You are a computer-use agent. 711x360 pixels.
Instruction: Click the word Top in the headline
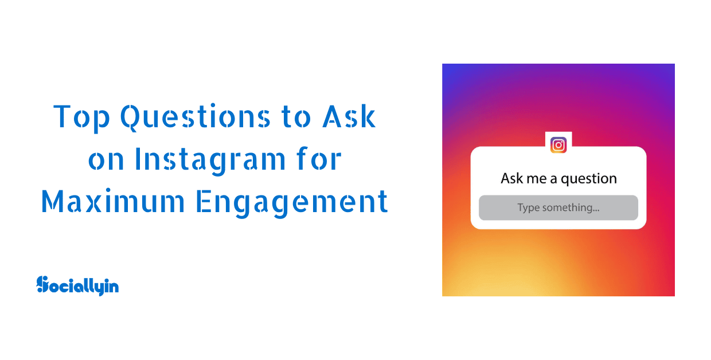pos(81,118)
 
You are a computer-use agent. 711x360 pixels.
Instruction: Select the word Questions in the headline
pos(195,117)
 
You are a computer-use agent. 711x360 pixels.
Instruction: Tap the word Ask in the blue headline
pos(349,116)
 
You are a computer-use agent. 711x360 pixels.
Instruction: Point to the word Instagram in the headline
pos(210,160)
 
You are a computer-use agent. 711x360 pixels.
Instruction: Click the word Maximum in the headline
pos(113,201)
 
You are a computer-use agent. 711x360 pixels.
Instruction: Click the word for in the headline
pos(319,159)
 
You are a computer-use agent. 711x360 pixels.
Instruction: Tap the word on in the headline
pos(106,161)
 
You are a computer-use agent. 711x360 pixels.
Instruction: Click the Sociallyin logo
pos(77,285)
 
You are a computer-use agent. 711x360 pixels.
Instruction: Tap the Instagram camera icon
pos(558,145)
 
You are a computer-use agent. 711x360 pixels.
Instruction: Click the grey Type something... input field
pos(558,208)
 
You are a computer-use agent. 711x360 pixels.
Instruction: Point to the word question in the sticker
pos(589,179)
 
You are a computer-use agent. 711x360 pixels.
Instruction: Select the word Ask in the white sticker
pos(511,178)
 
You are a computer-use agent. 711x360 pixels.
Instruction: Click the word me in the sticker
pos(537,179)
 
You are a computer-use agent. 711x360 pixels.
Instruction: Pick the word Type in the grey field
pos(529,208)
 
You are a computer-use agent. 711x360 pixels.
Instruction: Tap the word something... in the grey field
pos(571,208)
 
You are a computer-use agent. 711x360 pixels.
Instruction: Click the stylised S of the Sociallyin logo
pos(42,284)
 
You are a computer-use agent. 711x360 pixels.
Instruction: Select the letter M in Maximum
pos(53,201)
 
